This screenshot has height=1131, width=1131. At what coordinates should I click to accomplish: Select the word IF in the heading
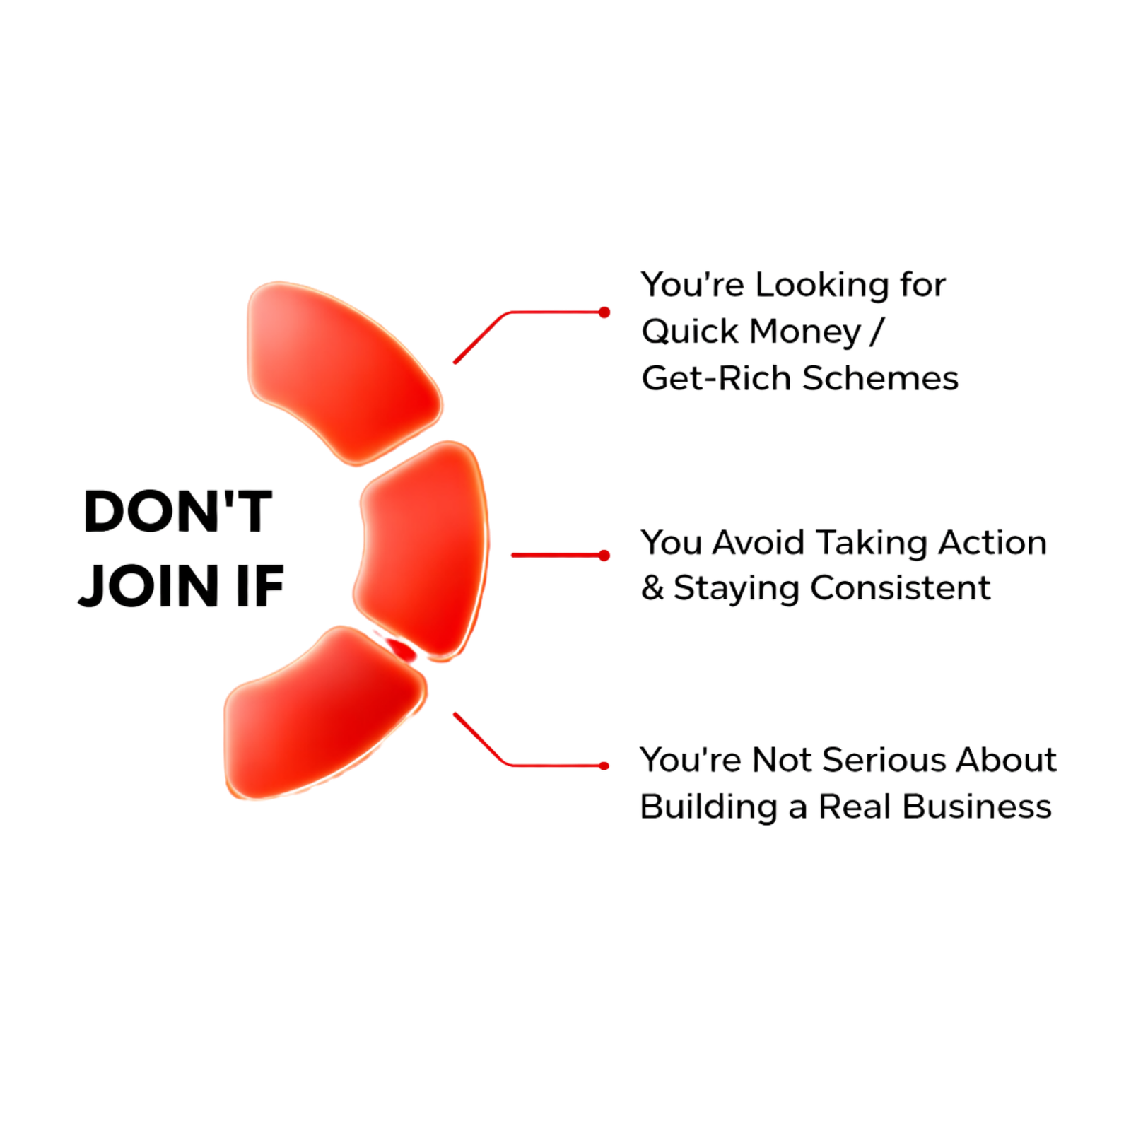coord(259,586)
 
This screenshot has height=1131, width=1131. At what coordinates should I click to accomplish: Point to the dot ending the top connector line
coord(604,312)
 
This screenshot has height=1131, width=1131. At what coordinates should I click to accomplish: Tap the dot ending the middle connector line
coord(604,556)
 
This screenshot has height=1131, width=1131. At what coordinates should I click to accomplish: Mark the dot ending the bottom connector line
coord(604,766)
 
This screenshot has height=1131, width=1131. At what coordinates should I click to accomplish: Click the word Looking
coord(822,286)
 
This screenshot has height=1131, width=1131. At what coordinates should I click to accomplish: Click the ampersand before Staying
coord(652,588)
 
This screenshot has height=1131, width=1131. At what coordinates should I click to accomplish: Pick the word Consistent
coord(901,588)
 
